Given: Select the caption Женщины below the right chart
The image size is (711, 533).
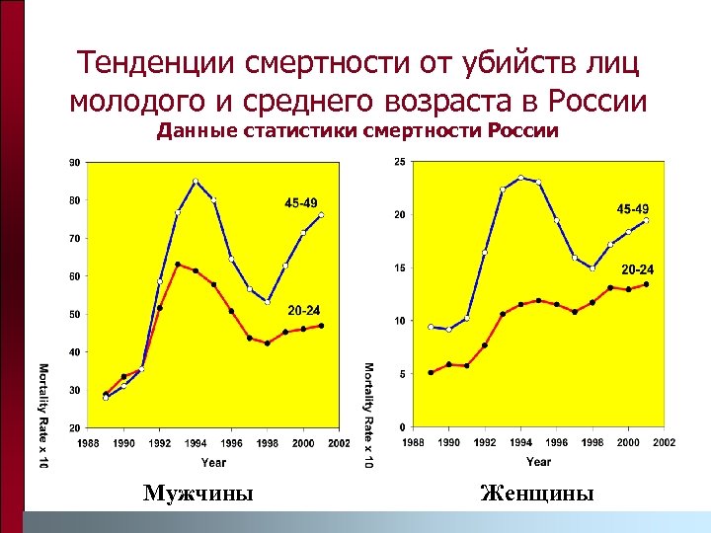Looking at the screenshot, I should [537, 492].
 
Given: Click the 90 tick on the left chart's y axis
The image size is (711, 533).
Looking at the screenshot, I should [74, 162].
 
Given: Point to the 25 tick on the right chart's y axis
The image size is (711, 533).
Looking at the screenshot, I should [398, 162].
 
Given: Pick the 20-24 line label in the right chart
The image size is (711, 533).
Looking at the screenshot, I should [637, 268].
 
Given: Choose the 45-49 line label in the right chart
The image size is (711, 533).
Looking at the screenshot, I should [633, 209].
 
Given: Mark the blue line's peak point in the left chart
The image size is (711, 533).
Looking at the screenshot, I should [196, 182].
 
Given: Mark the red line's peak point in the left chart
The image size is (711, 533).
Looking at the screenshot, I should [178, 265].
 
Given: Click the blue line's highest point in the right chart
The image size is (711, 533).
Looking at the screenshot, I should [520, 179].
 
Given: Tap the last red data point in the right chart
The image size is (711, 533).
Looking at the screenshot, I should [646, 284].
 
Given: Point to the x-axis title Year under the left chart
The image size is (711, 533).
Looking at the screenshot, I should [213, 462].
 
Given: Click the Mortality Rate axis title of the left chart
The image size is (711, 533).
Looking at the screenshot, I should [44, 416].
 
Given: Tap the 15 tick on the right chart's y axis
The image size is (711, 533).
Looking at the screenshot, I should [398, 267].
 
